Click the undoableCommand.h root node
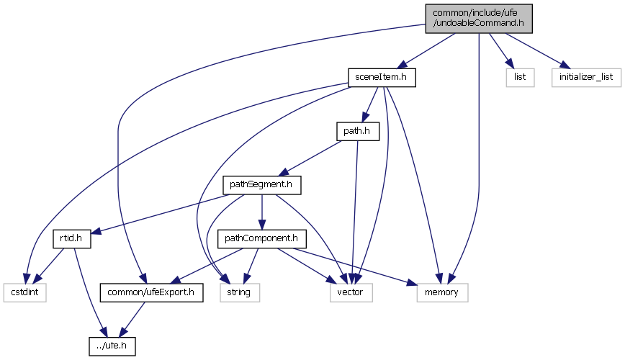pos(478,17)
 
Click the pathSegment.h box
pos(261,184)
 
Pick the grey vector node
pos(351,292)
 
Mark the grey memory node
pos(442,292)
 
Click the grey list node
pos(518,76)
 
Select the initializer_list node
pos(586,76)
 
